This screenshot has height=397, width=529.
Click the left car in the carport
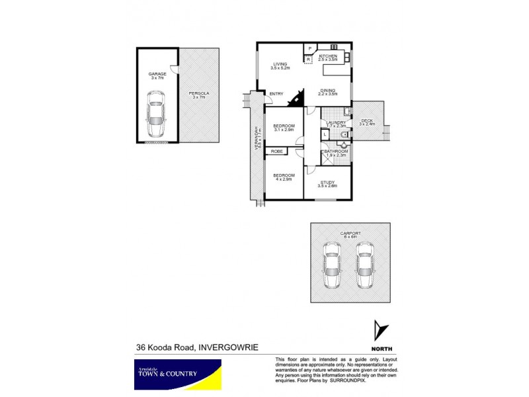331,265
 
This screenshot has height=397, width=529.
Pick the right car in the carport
364,265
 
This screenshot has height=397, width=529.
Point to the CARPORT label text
350,234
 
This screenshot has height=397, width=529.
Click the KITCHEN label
329,57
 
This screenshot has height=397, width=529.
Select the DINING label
328,91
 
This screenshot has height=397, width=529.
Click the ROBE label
275,152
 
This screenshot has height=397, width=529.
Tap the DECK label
366,120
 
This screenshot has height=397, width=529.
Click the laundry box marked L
325,134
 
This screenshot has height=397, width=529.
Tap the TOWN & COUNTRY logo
176,375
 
